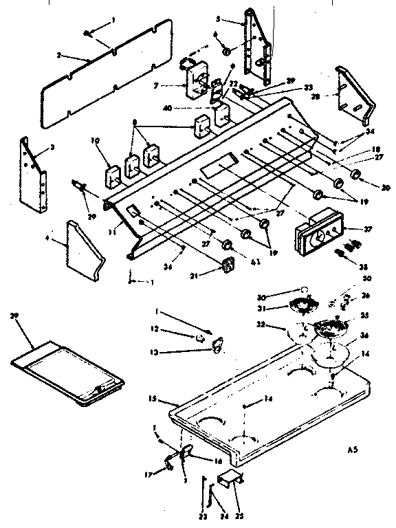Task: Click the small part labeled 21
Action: click(227, 265)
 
